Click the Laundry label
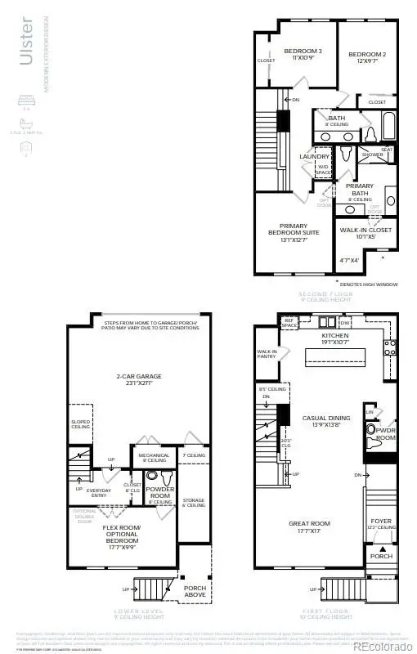[314, 156]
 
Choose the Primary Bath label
[360, 189]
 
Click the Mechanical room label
[154, 458]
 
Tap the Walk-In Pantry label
[267, 353]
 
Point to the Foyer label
[381, 520]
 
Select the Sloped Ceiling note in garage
[80, 424]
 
